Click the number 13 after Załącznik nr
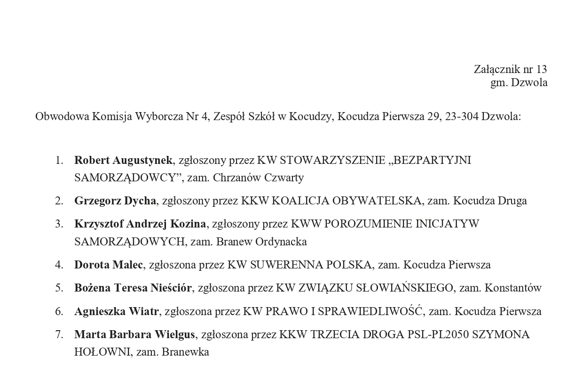(x=541, y=69)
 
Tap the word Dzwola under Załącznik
(x=529, y=83)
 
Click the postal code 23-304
(x=461, y=116)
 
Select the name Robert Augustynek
(x=123, y=160)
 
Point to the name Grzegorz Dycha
(x=115, y=201)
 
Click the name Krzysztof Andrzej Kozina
(x=140, y=224)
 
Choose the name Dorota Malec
(x=109, y=265)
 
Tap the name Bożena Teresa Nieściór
(x=133, y=288)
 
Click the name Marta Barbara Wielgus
(x=134, y=335)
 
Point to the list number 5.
(x=59, y=288)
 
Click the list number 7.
(x=59, y=335)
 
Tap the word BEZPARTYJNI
(x=432, y=160)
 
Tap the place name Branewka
(x=185, y=352)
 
